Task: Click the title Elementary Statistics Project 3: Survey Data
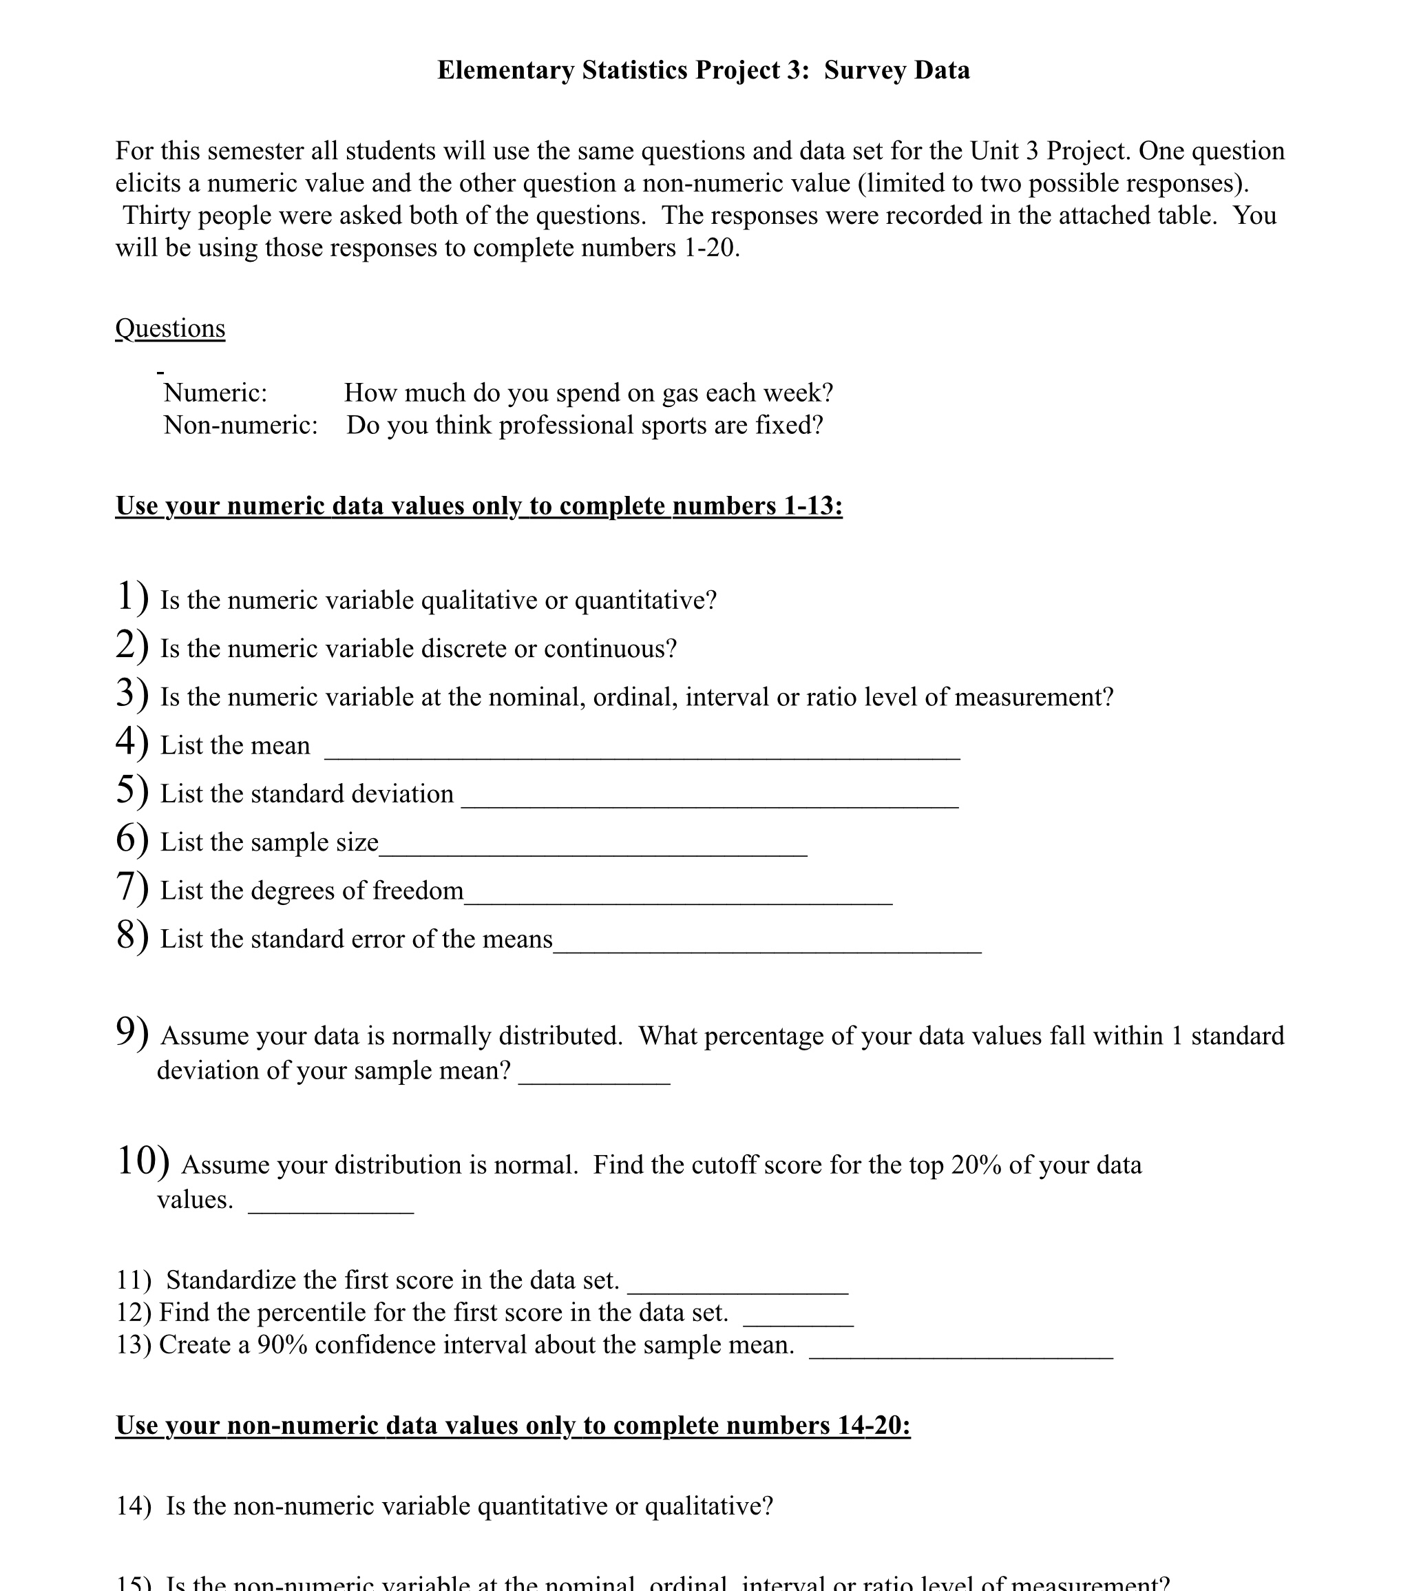click(703, 70)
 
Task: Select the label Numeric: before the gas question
click(215, 393)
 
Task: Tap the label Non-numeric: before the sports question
click(240, 426)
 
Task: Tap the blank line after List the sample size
click(593, 849)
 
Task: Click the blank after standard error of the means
click(767, 945)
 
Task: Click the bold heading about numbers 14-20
click(513, 1425)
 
